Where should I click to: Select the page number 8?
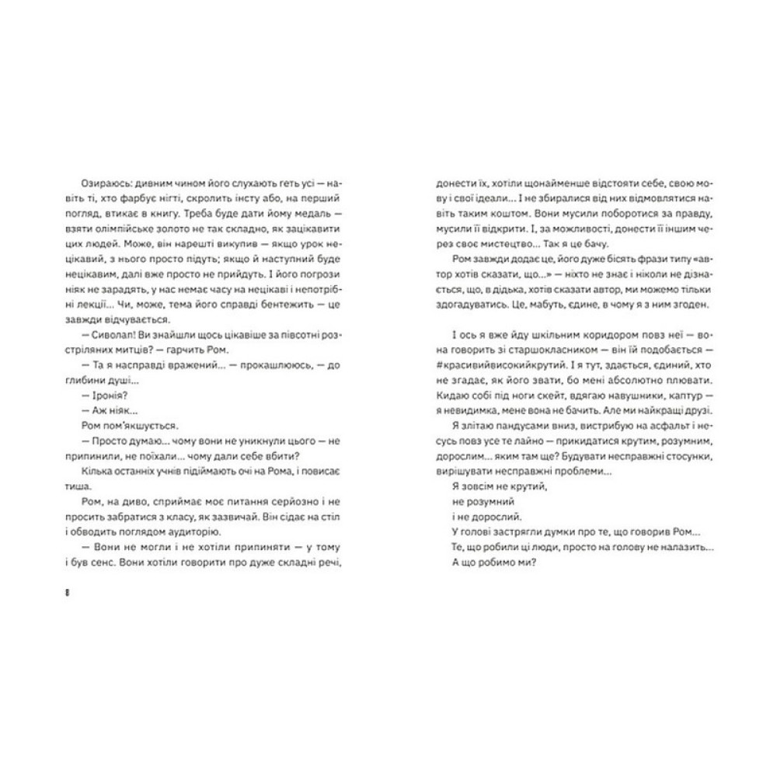pyautogui.click(x=69, y=593)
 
